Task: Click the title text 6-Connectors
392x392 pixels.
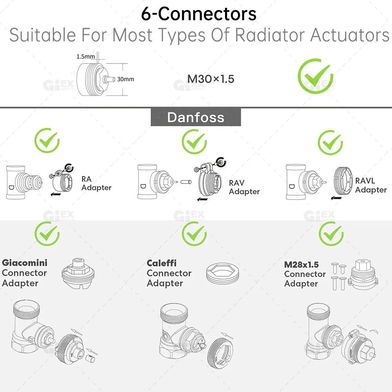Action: [x=199, y=14]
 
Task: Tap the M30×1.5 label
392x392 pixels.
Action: [x=211, y=79]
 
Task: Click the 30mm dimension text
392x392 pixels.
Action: [x=125, y=79]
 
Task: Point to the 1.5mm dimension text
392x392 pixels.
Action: [x=85, y=56]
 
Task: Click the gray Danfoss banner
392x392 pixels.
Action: [x=196, y=117]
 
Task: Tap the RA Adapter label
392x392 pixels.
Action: [x=96, y=183]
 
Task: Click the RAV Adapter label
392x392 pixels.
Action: [x=244, y=187]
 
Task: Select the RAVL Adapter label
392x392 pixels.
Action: [x=370, y=185]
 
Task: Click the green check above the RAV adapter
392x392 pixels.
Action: [x=194, y=142]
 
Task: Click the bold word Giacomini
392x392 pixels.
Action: [x=24, y=263]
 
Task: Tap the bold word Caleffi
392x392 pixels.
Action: [x=162, y=263]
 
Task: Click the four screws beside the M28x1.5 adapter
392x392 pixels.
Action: [x=338, y=276]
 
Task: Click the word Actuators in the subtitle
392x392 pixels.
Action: [x=350, y=35]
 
